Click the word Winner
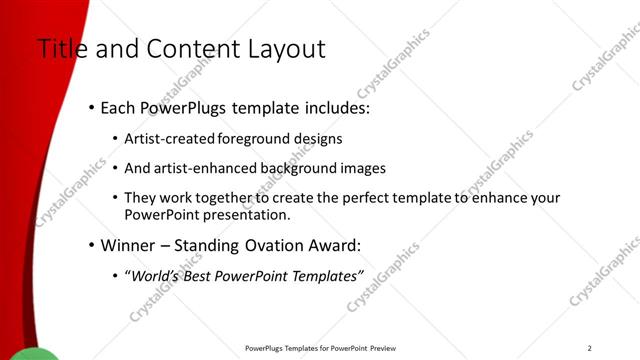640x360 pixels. [130, 245]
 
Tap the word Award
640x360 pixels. [338, 245]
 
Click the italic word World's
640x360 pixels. [154, 276]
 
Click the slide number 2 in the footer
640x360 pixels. [590, 348]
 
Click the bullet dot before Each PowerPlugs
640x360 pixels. [91, 107]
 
